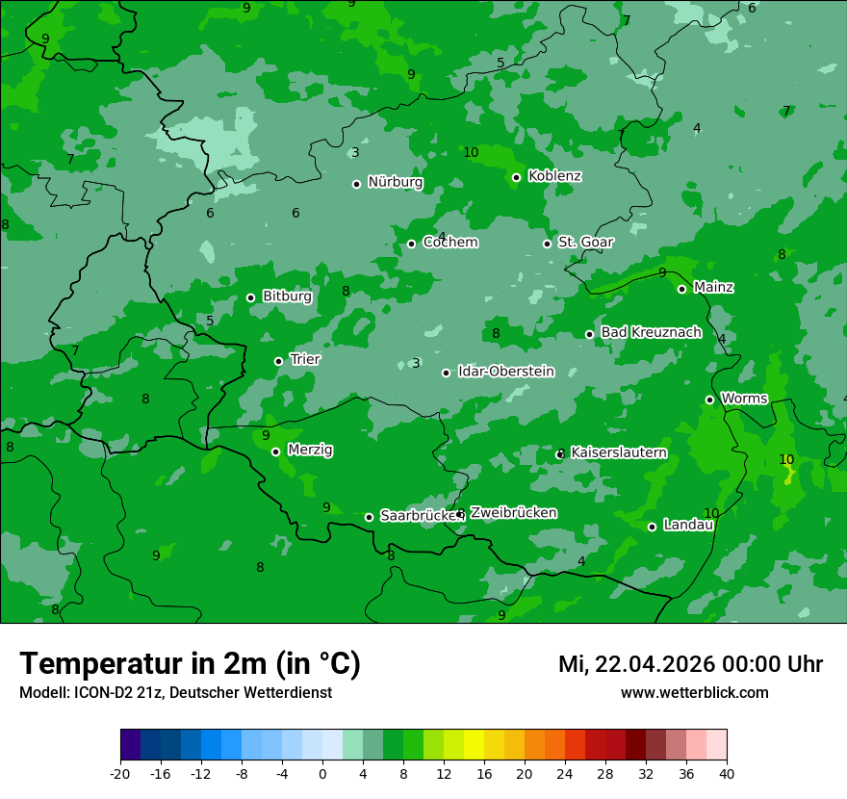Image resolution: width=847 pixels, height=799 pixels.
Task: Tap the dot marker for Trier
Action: (x=278, y=361)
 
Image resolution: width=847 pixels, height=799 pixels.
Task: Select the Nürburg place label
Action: (x=395, y=182)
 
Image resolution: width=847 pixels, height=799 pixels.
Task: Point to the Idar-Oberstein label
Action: (x=505, y=372)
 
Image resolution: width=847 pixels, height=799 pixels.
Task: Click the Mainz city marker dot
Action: (x=681, y=289)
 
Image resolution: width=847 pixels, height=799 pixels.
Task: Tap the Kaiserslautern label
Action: (x=618, y=452)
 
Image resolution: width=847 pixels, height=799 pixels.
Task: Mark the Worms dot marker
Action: (x=709, y=399)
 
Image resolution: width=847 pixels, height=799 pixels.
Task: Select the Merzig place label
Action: (x=309, y=450)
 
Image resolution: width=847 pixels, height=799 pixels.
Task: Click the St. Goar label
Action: (x=585, y=242)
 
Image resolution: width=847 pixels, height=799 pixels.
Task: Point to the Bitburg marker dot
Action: (x=250, y=297)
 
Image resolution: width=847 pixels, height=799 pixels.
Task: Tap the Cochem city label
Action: (x=449, y=242)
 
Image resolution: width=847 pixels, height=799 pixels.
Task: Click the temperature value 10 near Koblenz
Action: (x=471, y=153)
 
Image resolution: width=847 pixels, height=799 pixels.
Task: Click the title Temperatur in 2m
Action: (x=190, y=663)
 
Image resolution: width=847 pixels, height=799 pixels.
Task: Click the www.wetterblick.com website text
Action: (x=694, y=692)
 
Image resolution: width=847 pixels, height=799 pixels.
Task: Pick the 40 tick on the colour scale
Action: (x=726, y=772)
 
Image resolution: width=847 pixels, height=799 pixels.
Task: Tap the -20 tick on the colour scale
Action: (x=120, y=772)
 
